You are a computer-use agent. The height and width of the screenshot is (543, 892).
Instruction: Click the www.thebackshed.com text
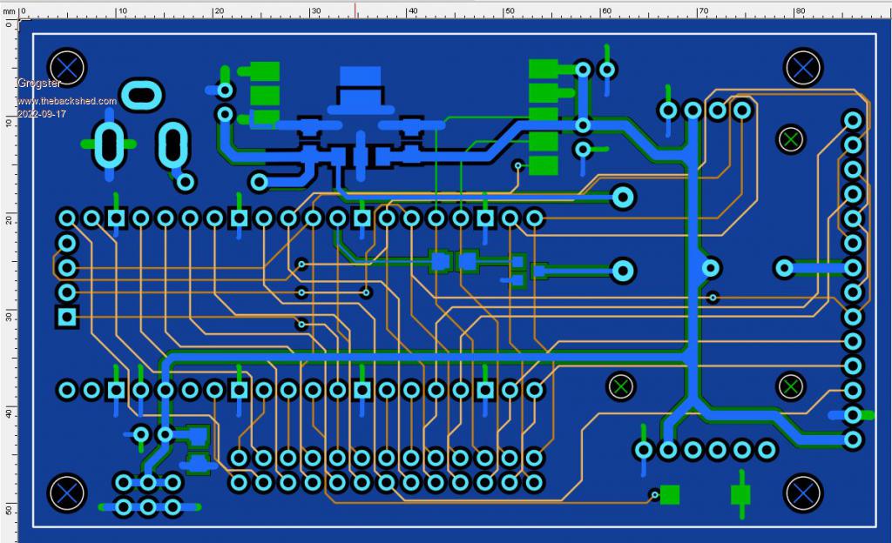(x=66, y=102)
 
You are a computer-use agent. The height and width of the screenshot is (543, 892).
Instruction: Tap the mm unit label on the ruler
(x=10, y=11)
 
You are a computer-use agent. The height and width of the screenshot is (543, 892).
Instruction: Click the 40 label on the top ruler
(x=412, y=11)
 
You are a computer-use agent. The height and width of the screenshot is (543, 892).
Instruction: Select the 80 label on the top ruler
(x=799, y=11)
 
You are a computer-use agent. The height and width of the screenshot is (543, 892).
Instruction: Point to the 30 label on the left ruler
(x=8, y=318)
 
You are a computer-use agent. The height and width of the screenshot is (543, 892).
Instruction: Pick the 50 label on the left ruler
(x=8, y=510)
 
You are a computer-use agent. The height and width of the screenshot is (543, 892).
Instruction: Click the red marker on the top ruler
(x=355, y=9)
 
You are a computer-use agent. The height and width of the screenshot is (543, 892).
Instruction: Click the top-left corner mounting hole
(x=66, y=67)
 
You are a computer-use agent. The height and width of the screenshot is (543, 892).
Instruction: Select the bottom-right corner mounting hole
(x=802, y=493)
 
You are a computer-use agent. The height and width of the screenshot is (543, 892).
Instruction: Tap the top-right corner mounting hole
(x=802, y=67)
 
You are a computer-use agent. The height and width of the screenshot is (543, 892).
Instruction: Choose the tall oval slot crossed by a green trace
(x=109, y=144)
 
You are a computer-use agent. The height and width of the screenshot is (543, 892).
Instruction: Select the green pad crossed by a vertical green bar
(x=740, y=494)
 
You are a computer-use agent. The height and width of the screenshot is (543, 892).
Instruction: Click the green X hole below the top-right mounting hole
(x=791, y=138)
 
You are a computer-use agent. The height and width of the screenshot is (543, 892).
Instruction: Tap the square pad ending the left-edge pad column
(x=66, y=317)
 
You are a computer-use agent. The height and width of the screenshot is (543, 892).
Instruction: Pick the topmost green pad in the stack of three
(x=264, y=71)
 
